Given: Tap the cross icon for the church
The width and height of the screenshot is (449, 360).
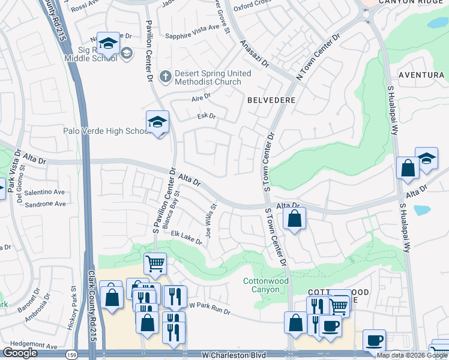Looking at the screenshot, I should (x=166, y=77).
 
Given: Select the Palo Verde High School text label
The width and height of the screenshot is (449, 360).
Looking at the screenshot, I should (x=106, y=131).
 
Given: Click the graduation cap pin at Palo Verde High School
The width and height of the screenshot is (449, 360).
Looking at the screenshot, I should (x=157, y=122).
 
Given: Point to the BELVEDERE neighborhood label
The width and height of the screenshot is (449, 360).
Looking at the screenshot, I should (x=271, y=101).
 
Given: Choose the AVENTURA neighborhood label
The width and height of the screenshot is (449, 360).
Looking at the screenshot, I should (x=423, y=75).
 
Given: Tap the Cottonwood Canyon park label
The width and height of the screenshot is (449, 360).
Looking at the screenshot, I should (x=265, y=285).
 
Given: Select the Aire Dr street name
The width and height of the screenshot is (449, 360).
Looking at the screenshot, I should (x=201, y=96).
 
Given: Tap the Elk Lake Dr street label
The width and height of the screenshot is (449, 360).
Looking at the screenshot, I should (x=186, y=237).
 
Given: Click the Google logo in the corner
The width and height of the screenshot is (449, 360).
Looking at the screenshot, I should (x=20, y=353).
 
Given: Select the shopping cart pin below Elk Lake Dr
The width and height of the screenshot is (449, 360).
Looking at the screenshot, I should (x=155, y=263).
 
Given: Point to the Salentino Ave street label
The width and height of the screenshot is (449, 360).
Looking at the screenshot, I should (x=45, y=192).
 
